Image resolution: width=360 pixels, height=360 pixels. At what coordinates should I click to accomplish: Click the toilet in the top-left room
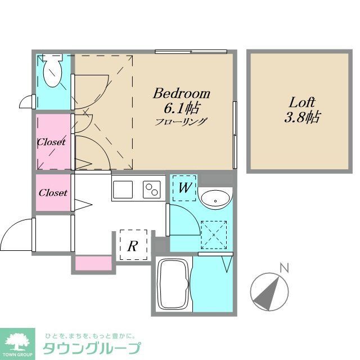pyautogui.click(x=53, y=70)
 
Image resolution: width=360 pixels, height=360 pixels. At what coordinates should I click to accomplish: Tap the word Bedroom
pyautogui.click(x=182, y=93)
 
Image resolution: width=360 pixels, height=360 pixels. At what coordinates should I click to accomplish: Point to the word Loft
pyautogui.click(x=302, y=103)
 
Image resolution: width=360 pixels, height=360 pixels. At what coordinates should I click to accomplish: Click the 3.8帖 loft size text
pyautogui.click(x=302, y=118)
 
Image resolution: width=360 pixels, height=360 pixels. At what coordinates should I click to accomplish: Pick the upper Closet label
pyautogui.click(x=51, y=142)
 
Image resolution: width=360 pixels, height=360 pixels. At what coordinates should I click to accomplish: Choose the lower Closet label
pyautogui.click(x=53, y=193)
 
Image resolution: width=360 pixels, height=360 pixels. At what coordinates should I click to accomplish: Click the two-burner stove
pyautogui.click(x=152, y=190)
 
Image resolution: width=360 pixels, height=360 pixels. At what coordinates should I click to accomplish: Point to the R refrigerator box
pyautogui.click(x=133, y=246)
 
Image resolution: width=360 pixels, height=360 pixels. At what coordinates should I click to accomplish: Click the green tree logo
pyautogui.click(x=19, y=340)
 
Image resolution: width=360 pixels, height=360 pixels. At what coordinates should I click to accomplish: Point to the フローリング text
pyautogui.click(x=182, y=120)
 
